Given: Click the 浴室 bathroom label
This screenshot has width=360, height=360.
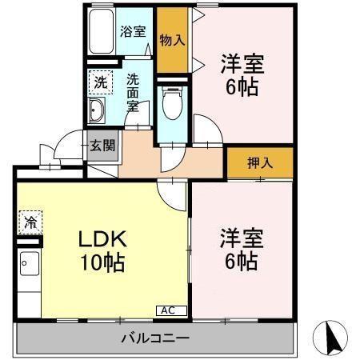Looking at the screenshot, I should tap(134, 32).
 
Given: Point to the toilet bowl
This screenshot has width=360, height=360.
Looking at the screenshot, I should tap(169, 104).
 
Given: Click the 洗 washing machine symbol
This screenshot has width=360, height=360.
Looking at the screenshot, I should tap(100, 81).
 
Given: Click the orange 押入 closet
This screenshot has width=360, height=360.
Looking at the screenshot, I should tap(260, 162).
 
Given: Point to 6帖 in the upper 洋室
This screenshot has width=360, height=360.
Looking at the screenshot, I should tap(242, 86).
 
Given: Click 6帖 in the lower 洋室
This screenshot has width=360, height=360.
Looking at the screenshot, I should tap(241, 261).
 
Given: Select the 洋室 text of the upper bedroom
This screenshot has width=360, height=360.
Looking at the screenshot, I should tap(242, 63).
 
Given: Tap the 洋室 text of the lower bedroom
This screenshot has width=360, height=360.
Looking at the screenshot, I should tap(241, 238).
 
